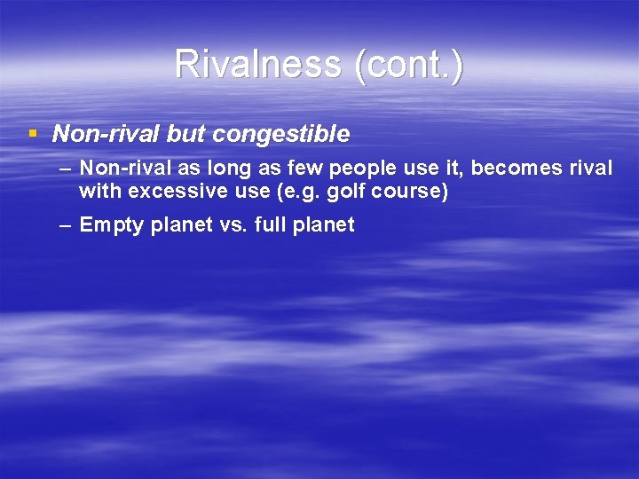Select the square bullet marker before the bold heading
(x=33, y=134)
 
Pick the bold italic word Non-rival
(x=106, y=134)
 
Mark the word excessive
(x=163, y=191)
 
